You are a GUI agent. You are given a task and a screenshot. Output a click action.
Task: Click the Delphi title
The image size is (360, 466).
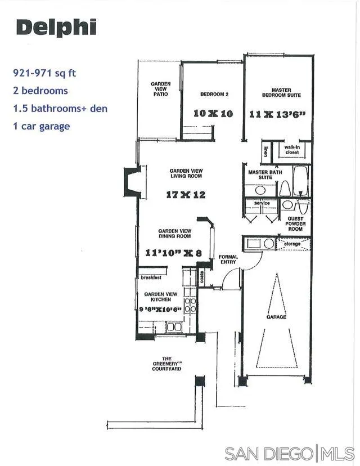tap(56, 28)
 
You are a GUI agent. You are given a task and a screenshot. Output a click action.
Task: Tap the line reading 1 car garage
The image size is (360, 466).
tap(41, 126)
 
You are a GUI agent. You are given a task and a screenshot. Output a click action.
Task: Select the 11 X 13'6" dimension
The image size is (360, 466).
tap(277, 114)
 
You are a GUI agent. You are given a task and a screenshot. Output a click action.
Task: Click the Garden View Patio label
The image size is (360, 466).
tap(160, 89)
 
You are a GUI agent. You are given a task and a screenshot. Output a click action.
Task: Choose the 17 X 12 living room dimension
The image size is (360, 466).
tap(186, 195)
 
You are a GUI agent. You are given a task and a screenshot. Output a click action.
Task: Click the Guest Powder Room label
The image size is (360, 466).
tap(295, 224)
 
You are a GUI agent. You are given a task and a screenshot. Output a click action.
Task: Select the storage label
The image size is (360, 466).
tap(292, 244)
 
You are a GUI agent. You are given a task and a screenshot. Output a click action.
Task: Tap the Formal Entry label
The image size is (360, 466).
tap(228, 260)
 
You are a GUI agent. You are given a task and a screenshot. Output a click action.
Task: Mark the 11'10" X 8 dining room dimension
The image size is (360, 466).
tap(173, 253)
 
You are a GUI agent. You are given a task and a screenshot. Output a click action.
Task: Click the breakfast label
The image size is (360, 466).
tap(151, 277)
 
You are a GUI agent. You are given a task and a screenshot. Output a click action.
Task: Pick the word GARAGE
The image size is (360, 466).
tap(276, 317)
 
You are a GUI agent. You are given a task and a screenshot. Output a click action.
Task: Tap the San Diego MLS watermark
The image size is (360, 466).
tap(289, 453)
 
